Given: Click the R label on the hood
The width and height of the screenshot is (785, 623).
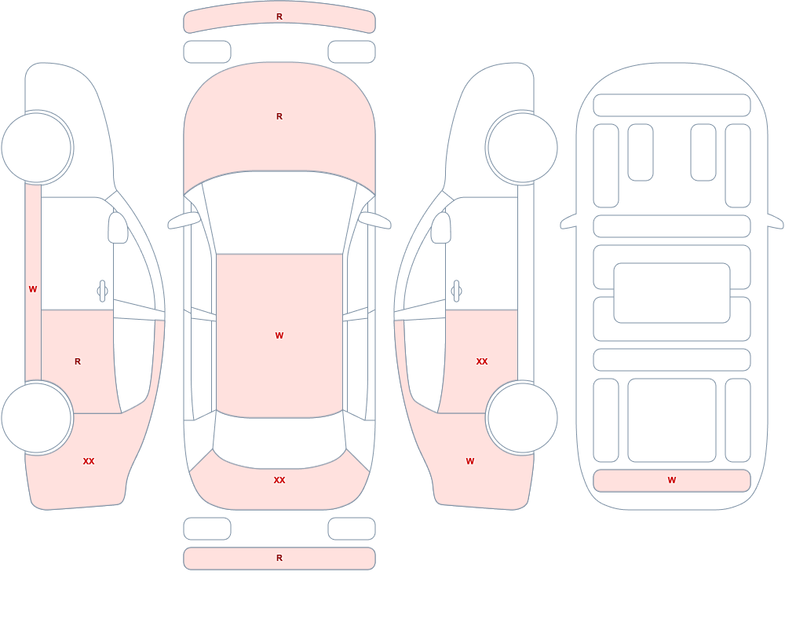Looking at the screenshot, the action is [x=279, y=116].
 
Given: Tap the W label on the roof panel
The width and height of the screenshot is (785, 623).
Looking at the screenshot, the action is [x=279, y=335].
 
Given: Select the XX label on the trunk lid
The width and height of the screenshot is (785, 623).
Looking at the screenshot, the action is [x=279, y=480].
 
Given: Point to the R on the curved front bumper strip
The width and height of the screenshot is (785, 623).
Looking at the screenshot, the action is [x=279, y=16].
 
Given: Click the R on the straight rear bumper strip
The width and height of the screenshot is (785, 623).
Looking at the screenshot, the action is [x=279, y=558].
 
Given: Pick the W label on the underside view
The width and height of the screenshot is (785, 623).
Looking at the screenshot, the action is [x=672, y=480].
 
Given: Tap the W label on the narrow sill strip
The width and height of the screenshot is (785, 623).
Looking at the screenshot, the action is [x=33, y=289].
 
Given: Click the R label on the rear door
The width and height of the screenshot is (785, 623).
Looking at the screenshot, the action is [x=78, y=361].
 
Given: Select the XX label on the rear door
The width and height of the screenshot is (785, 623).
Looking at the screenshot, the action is [x=482, y=361].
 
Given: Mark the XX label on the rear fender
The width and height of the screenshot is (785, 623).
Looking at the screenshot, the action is [x=89, y=461].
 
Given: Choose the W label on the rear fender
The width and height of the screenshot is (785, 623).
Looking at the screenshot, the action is [x=470, y=461].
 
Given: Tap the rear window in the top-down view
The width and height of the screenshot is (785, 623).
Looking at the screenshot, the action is [x=279, y=441].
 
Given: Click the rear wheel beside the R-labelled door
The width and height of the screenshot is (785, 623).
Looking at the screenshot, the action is [x=37, y=417].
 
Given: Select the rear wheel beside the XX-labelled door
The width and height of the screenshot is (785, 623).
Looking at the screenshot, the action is [x=522, y=417].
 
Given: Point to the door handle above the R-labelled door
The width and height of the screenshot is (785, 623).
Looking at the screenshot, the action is [x=103, y=291].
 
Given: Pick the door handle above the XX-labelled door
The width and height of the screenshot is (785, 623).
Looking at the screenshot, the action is [x=456, y=291].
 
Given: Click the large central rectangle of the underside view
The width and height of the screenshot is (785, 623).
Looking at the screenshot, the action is [x=672, y=293].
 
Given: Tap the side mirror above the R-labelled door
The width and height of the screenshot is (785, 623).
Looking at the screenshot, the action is [x=118, y=228].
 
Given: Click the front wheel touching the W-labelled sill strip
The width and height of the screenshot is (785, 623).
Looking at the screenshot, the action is [x=37, y=148].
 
